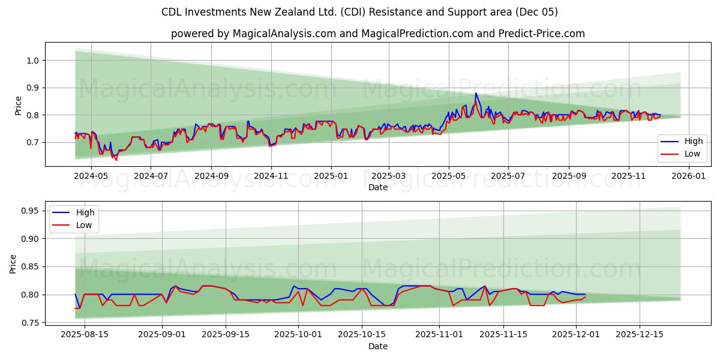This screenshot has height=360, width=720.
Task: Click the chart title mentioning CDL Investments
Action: [x=359, y=12]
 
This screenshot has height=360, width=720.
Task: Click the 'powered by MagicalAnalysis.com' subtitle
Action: [x=377, y=34]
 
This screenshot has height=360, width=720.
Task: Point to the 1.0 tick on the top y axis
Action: [x=32, y=61]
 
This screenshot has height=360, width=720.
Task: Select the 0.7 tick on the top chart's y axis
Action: [x=32, y=142]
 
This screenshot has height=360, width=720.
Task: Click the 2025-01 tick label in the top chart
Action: [x=332, y=176]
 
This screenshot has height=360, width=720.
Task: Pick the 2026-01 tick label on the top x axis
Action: [x=688, y=176]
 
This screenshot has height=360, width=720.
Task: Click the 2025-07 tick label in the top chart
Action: [x=508, y=176]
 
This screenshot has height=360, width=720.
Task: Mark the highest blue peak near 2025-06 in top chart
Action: [x=476, y=93]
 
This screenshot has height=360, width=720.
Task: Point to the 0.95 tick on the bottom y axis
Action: [x=29, y=211]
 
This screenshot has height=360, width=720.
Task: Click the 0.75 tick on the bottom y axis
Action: [x=29, y=323]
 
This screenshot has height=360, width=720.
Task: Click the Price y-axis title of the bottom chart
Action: [x=13, y=264]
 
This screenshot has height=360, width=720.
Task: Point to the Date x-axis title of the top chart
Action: [x=377, y=187]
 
